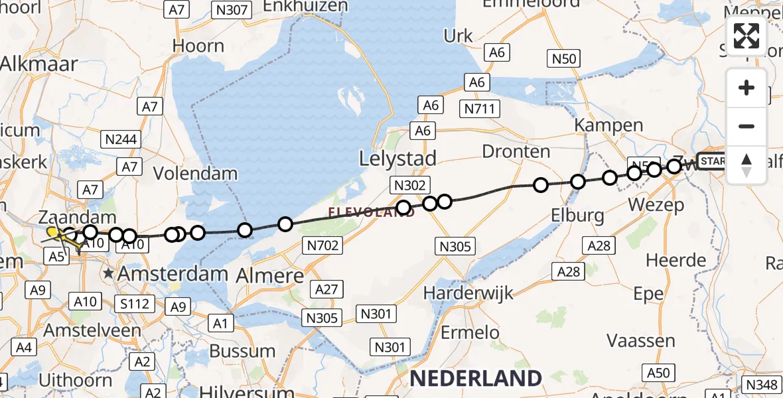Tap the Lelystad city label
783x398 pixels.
point(397,159)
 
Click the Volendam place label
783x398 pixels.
point(195,174)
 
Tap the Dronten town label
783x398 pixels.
point(516,151)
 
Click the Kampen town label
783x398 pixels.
point(608,125)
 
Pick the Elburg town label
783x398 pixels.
point(578,215)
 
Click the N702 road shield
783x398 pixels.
point(324,245)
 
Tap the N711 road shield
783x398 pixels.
point(481,108)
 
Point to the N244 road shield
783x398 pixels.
point(120,139)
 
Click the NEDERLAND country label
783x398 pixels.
point(475,378)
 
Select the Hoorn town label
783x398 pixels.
point(198,46)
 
